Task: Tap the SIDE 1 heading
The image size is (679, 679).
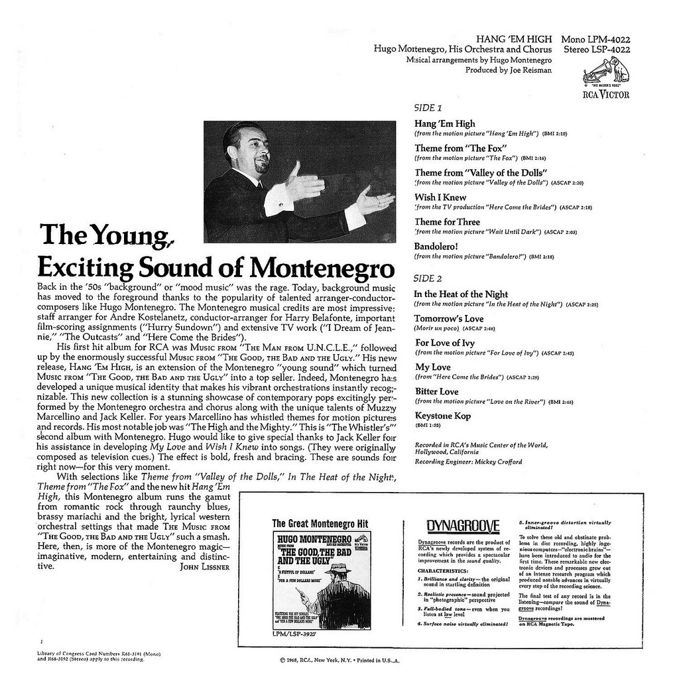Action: (428, 107)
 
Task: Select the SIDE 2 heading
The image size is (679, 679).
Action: (428, 278)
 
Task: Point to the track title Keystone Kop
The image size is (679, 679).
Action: (442, 416)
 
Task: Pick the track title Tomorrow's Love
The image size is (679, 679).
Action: (449, 319)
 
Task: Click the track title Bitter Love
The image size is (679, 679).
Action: (436, 391)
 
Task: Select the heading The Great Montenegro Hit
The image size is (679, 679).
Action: (320, 523)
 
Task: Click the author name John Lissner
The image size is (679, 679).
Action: (205, 568)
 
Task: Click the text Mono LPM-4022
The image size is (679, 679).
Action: (595, 39)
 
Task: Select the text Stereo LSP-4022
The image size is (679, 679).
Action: (597, 49)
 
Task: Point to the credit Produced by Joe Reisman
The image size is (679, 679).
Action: (508, 70)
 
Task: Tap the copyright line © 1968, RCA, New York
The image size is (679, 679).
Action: (338, 660)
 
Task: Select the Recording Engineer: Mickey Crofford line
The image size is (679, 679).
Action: (467, 462)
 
